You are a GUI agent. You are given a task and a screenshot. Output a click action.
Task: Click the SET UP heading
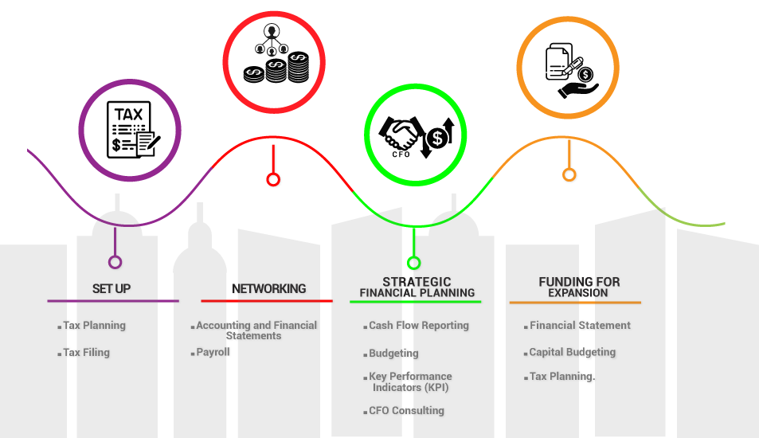tap(112, 288)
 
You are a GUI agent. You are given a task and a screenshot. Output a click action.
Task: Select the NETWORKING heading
tap(268, 288)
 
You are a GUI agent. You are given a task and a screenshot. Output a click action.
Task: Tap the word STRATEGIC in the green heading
tap(417, 282)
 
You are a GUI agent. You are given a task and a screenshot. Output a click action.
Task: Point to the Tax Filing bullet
tap(86, 352)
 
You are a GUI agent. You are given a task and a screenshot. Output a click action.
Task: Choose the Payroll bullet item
tap(213, 351)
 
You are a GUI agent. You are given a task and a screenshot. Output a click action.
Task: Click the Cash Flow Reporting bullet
tap(418, 325)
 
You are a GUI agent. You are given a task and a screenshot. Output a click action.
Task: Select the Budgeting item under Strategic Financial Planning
tap(393, 353)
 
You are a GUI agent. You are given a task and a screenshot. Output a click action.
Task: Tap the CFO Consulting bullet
tap(406, 410)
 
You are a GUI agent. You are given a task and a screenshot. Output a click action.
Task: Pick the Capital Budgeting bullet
tap(572, 351)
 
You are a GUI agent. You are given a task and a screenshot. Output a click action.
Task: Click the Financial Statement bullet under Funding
tap(580, 325)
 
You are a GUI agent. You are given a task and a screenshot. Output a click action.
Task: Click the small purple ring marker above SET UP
tap(115, 262)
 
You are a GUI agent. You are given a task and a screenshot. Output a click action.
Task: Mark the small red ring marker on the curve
tap(273, 179)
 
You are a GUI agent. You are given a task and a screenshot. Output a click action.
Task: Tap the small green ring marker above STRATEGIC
tap(413, 262)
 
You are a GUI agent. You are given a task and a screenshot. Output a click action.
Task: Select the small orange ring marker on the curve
tap(569, 174)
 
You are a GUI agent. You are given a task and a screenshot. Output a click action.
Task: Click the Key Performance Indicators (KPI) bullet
tap(410, 381)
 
